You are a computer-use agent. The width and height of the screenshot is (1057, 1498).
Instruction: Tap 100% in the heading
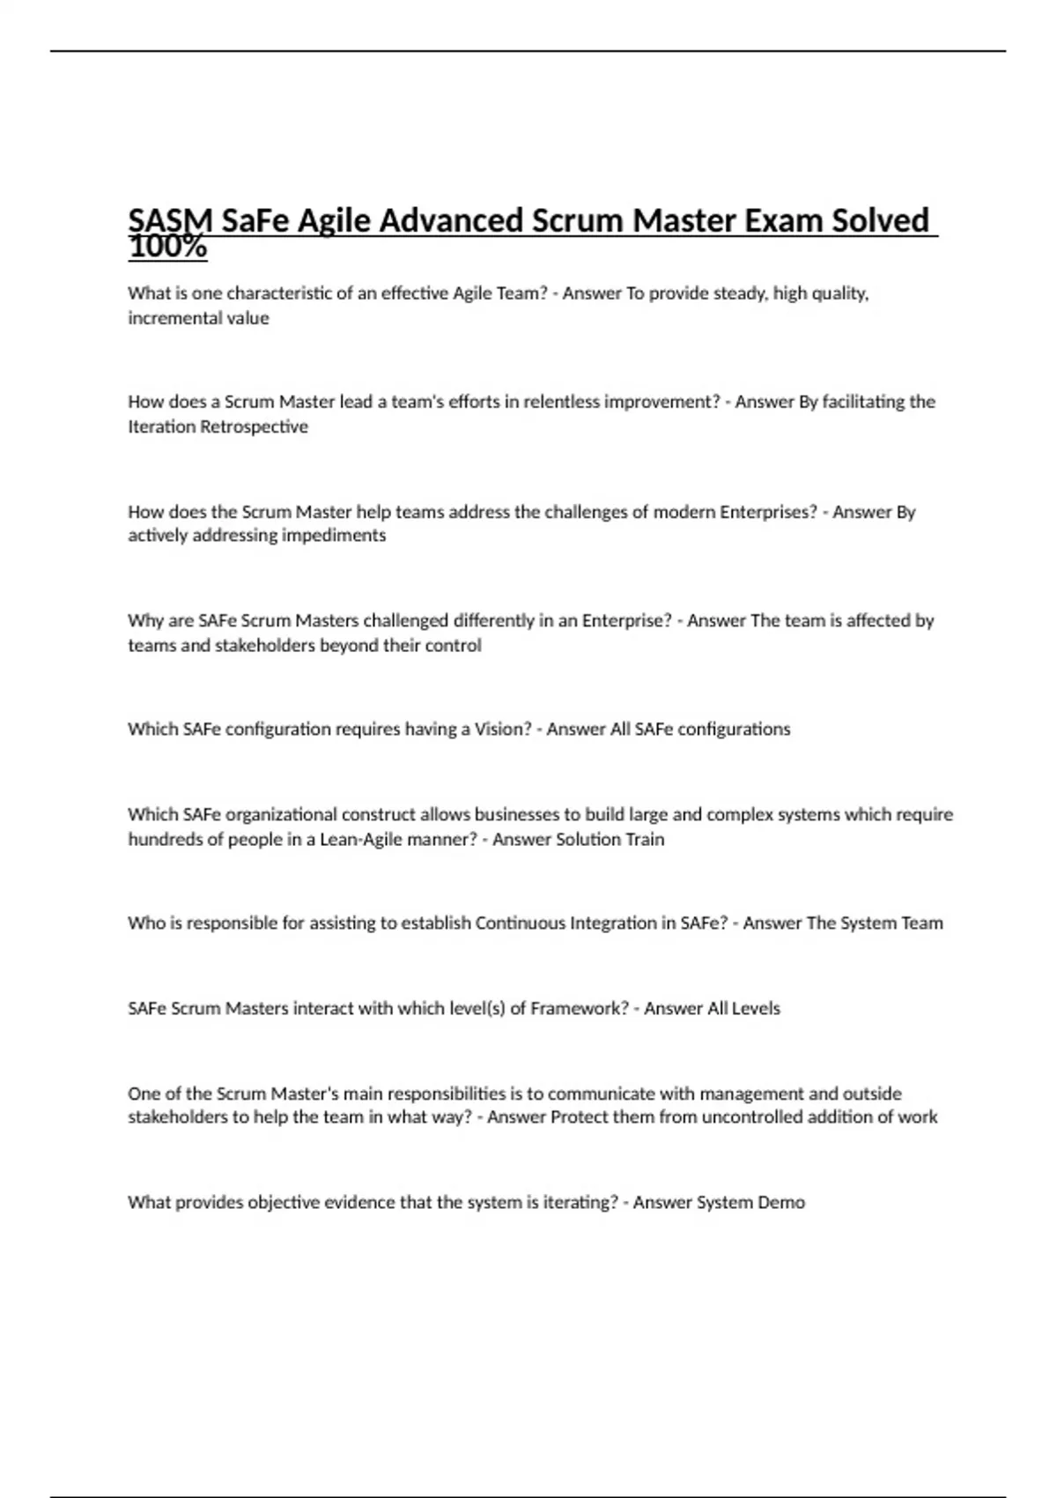click(x=167, y=248)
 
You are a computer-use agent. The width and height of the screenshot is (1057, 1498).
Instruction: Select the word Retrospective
click(x=255, y=426)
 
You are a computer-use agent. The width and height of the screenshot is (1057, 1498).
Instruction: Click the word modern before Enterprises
click(x=684, y=512)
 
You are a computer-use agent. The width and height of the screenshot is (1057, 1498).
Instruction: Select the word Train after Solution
click(x=645, y=839)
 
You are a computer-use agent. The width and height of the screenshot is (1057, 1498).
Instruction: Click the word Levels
click(x=756, y=1008)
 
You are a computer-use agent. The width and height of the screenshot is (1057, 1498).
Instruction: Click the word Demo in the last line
click(x=781, y=1203)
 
